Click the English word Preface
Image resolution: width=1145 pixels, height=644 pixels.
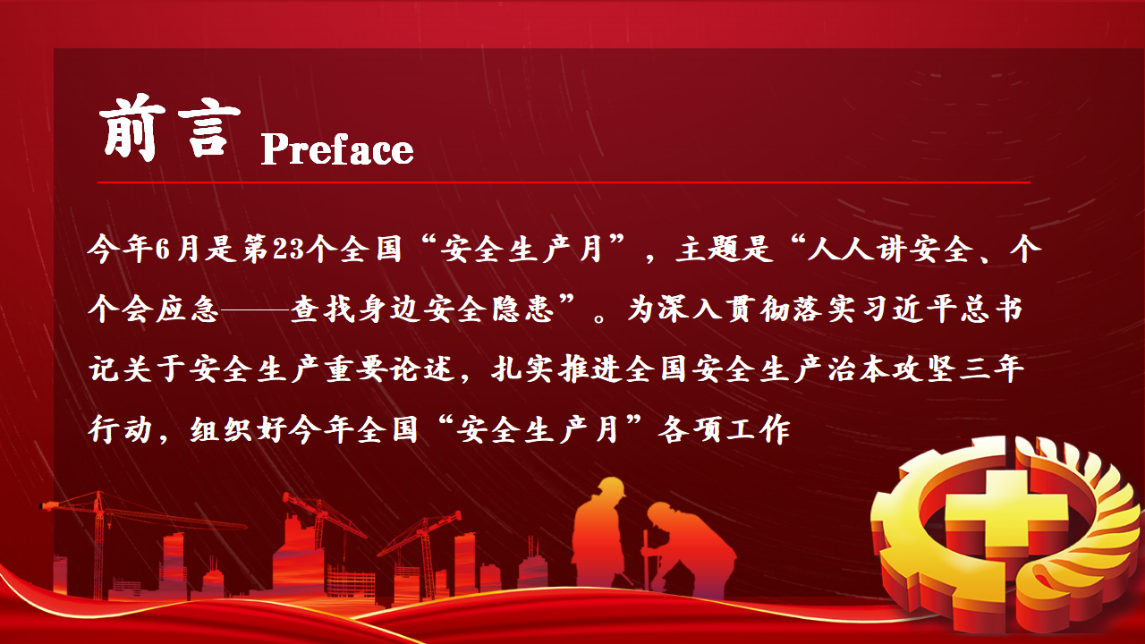pyautogui.click(x=337, y=148)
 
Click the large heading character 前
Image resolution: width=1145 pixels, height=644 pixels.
pyautogui.click(x=132, y=128)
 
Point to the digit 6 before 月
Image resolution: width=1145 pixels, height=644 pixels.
pyautogui.click(x=163, y=250)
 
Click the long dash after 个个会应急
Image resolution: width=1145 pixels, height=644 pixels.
pyautogui.click(x=254, y=309)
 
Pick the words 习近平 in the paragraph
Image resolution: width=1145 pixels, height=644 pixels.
pyautogui.click(x=908, y=309)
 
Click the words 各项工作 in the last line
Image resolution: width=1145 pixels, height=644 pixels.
pyautogui.click(x=724, y=429)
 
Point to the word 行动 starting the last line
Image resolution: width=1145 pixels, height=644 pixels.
pyautogui.click(x=121, y=429)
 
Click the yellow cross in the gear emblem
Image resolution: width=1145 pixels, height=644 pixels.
pyautogui.click(x=1005, y=516)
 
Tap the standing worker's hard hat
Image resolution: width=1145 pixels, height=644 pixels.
pyautogui.click(x=611, y=487)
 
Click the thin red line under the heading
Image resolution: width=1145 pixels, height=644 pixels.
pyautogui.click(x=564, y=182)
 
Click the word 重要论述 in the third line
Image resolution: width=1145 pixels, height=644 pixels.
pyautogui.click(x=390, y=369)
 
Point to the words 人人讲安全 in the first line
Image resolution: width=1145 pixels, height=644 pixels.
pyautogui.click(x=890, y=250)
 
